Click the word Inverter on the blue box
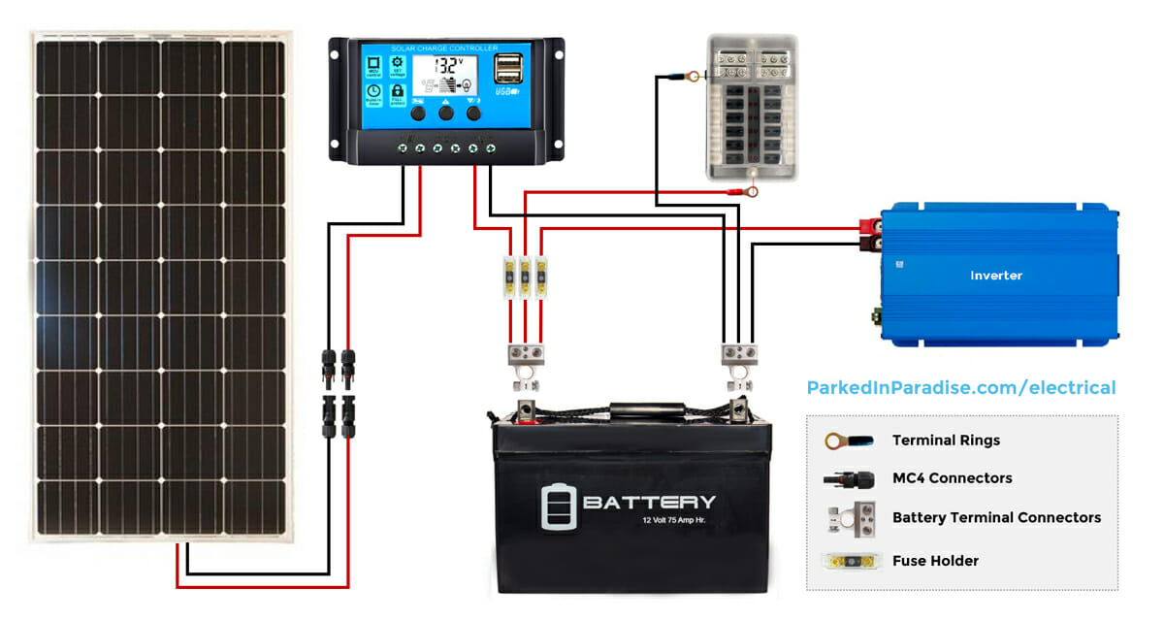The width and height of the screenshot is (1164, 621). coord(996,276)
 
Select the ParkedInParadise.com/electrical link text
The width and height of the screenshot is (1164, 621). coord(961,387)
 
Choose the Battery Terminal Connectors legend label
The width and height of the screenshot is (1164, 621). coord(996,517)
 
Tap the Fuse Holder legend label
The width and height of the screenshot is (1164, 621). coord(935,561)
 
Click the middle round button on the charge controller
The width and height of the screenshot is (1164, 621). coord(446,114)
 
